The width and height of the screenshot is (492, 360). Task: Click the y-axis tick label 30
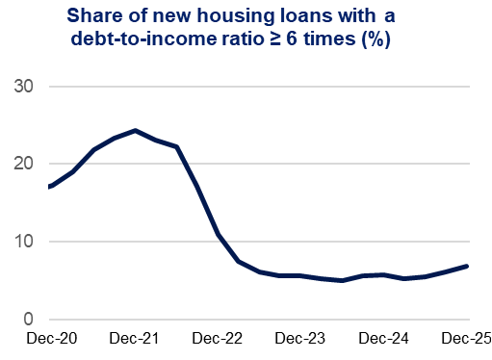pyautogui.click(x=22, y=87)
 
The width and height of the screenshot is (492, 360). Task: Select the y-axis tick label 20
pyautogui.click(x=22, y=164)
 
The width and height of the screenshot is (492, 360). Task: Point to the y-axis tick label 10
pyautogui.click(x=22, y=242)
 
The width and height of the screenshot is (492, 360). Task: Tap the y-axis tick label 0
pyautogui.click(x=28, y=319)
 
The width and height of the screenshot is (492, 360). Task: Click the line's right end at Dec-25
pyautogui.click(x=468, y=266)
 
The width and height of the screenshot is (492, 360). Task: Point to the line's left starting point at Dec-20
pyautogui.click(x=49, y=187)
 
